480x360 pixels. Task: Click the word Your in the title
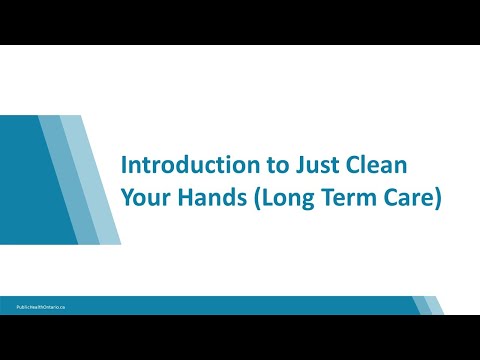[x=146, y=197]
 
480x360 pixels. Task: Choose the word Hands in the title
[x=214, y=197]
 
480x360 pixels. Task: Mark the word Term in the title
[x=346, y=197]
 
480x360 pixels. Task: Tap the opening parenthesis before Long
[x=259, y=198]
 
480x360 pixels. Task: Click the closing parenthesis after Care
[x=436, y=198]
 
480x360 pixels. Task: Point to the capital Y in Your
[x=127, y=197]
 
